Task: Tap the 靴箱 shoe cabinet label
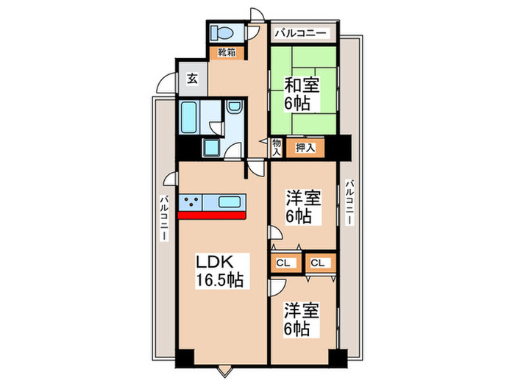click(226, 52)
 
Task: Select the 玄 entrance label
click(191, 77)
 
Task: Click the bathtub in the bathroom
click(188, 118)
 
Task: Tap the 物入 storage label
click(277, 148)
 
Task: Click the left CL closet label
click(283, 262)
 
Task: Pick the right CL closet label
click(318, 262)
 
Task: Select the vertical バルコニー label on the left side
click(166, 220)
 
